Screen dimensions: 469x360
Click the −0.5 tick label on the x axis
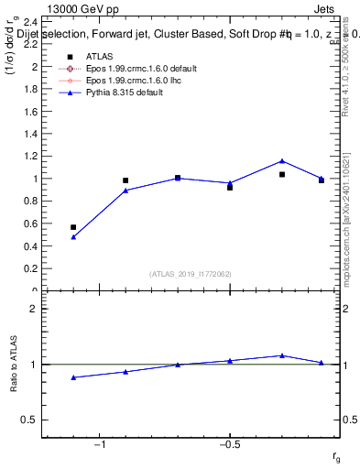[x=229, y=444]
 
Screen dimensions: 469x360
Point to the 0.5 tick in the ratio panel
[x=30, y=420]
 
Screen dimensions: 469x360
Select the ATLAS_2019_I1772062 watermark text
[x=191, y=274]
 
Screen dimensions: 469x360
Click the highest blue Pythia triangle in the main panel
[x=282, y=161]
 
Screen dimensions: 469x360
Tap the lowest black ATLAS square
[x=73, y=227]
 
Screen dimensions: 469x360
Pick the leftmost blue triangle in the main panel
[x=73, y=236]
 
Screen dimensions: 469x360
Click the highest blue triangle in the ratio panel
[x=282, y=355]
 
